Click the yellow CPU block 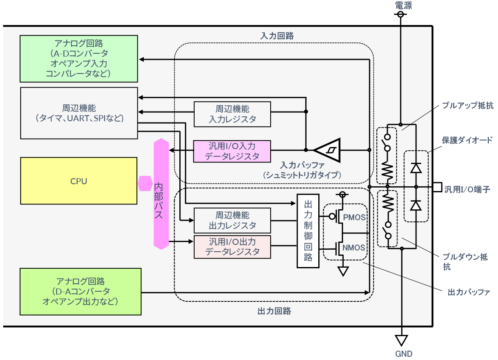click(79, 181)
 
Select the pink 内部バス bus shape click(160, 194)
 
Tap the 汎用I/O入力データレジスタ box click(232, 151)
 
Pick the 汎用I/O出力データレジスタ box click(232, 246)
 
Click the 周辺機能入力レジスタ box click(232, 114)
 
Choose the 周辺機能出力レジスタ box click(232, 220)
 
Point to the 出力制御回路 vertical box click(308, 231)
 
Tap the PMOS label click(354, 217)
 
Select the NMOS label click(354, 248)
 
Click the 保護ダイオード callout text click(467, 140)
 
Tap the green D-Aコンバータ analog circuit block click(80, 291)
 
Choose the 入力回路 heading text click(277, 36)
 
